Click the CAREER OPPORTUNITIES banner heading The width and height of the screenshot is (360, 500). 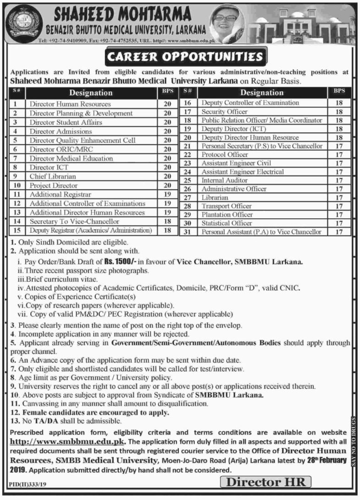[185, 57]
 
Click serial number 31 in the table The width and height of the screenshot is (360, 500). [187, 232]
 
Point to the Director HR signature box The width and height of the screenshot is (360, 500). [266, 482]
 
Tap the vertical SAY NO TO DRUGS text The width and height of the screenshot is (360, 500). [354, 440]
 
